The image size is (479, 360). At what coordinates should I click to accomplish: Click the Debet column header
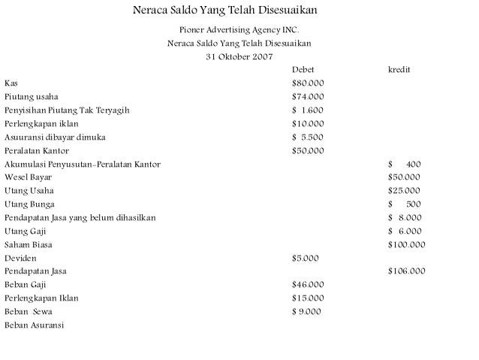pyautogui.click(x=303, y=70)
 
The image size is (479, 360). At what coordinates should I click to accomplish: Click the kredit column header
pyautogui.click(x=399, y=70)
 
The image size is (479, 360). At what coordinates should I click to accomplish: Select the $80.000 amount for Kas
pyautogui.click(x=308, y=83)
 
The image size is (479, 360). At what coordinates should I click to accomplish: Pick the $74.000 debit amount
pyautogui.click(x=308, y=97)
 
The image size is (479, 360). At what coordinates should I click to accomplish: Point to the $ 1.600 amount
pyautogui.click(x=308, y=110)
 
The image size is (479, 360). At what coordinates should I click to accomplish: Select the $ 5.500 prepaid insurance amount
pyautogui.click(x=308, y=138)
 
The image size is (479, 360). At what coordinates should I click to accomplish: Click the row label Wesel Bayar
pyautogui.click(x=29, y=177)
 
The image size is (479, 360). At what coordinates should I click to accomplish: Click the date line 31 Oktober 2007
pyautogui.click(x=239, y=56)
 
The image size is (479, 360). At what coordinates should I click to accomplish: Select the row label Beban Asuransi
pyautogui.click(x=35, y=325)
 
